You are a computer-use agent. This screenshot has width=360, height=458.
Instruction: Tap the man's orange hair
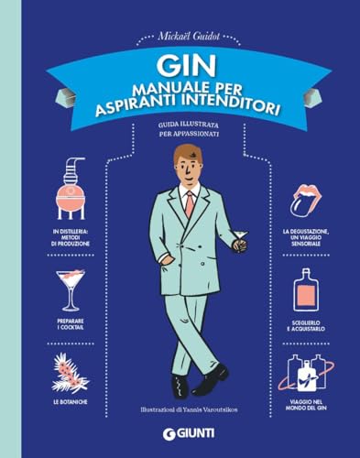pyautogui.click(x=187, y=157)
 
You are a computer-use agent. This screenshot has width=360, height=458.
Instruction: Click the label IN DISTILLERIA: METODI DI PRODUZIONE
pyautogui.click(x=71, y=236)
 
